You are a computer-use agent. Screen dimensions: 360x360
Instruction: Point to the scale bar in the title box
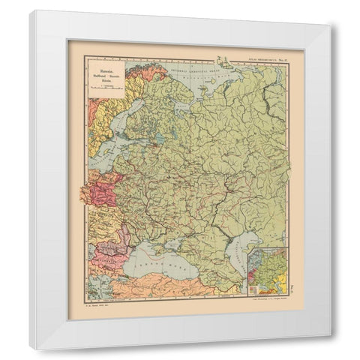(x=105, y=85)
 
